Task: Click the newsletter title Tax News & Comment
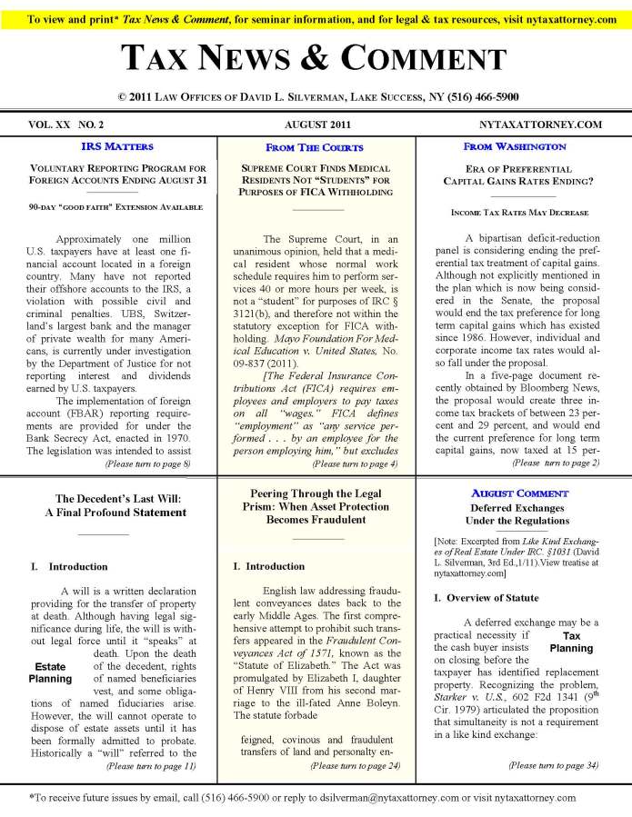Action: point(316,59)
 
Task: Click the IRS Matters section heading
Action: point(117,146)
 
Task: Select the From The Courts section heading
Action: point(315,147)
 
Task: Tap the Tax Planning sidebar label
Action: point(571,643)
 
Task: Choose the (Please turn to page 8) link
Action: point(148,463)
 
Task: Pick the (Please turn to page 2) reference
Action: point(556,463)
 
